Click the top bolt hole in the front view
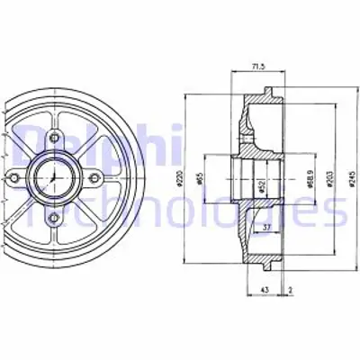[55, 139]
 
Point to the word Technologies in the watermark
[180, 211]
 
